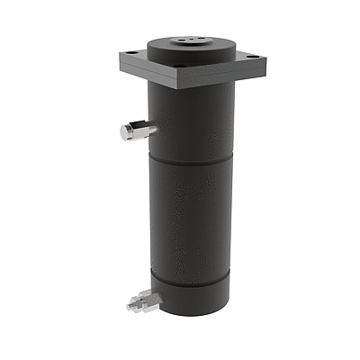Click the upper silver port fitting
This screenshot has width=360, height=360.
pos(133,131)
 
